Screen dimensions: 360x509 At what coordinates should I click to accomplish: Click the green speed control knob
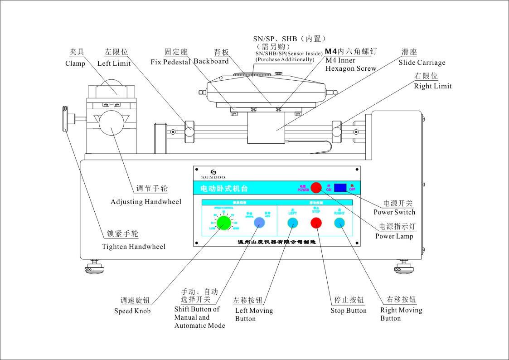(x=223, y=222)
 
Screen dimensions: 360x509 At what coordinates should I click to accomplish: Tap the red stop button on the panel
(x=316, y=223)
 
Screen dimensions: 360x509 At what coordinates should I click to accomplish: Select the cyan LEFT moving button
(x=292, y=223)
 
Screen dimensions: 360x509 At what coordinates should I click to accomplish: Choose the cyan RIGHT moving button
(x=339, y=223)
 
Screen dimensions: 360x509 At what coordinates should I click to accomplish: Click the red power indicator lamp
(x=316, y=187)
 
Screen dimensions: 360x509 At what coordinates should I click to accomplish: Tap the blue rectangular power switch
(x=340, y=187)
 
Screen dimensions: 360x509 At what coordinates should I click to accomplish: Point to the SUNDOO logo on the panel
(x=213, y=174)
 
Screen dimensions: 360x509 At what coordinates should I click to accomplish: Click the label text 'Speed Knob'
(x=132, y=311)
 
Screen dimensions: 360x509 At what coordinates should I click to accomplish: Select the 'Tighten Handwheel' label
(x=134, y=247)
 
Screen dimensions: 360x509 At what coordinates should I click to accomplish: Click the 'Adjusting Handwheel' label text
(x=146, y=201)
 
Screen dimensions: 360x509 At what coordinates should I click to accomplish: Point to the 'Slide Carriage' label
(x=422, y=63)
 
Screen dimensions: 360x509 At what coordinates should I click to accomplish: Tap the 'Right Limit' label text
(x=432, y=86)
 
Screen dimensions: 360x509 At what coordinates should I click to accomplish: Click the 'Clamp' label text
(x=75, y=63)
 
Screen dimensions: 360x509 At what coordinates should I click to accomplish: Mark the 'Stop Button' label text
(x=349, y=311)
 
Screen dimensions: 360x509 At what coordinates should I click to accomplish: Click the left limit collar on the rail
(x=189, y=130)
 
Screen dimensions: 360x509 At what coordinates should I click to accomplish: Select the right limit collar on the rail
(x=337, y=129)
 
